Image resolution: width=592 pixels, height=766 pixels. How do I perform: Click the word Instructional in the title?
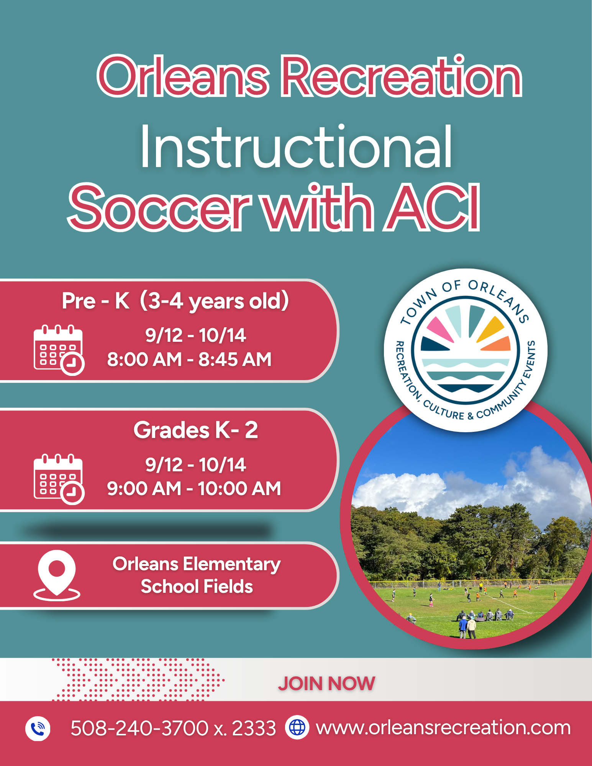(x=296, y=148)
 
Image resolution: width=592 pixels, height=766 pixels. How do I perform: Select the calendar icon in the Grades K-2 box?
(x=59, y=479)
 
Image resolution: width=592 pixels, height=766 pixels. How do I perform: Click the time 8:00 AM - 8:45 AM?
(x=189, y=359)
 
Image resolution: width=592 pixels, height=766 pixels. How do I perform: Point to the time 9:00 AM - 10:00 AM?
(x=194, y=489)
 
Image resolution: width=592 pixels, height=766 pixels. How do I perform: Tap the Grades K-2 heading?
(x=195, y=430)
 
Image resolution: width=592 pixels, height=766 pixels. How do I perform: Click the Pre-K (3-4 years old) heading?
(x=175, y=301)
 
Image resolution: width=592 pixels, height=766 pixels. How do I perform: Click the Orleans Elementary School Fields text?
(x=197, y=575)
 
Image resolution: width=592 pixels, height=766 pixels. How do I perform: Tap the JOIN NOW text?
(x=326, y=684)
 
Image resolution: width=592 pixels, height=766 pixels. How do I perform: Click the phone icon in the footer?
(x=38, y=728)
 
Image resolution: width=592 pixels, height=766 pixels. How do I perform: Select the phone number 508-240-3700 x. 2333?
(x=173, y=728)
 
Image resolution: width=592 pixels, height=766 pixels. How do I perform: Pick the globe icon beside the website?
(x=297, y=727)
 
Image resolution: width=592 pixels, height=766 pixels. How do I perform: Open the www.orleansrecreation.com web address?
(x=443, y=728)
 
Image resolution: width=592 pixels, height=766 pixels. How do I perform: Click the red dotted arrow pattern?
(x=138, y=680)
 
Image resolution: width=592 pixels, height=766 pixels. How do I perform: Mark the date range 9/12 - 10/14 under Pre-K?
(x=195, y=335)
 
